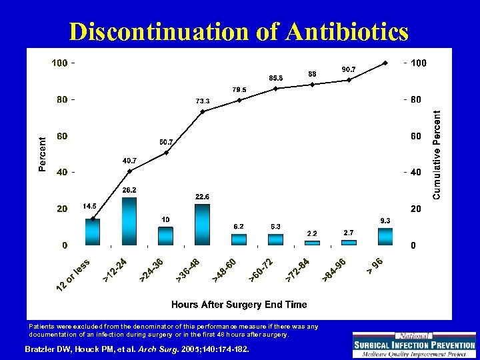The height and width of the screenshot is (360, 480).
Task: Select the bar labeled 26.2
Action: pos(129,221)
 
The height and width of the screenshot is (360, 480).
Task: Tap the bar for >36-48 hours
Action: pos(203,225)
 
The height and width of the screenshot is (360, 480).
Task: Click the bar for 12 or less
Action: pos(93,231)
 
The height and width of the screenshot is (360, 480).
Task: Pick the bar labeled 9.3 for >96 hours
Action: pos(385,237)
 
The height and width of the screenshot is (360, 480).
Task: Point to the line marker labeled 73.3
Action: pos(203,111)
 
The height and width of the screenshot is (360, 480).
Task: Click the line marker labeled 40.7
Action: pos(129,171)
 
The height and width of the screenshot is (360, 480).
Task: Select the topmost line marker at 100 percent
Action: pos(385,63)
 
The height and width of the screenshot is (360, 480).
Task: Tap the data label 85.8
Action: pos(275,78)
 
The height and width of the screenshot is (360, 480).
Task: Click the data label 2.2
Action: pos(312,233)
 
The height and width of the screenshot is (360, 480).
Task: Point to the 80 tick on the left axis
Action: pos(61,100)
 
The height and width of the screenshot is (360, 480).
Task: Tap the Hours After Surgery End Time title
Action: pos(239,304)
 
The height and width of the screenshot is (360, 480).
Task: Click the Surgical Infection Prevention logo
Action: pos(413,345)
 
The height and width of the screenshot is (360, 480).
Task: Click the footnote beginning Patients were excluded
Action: pos(173,330)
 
